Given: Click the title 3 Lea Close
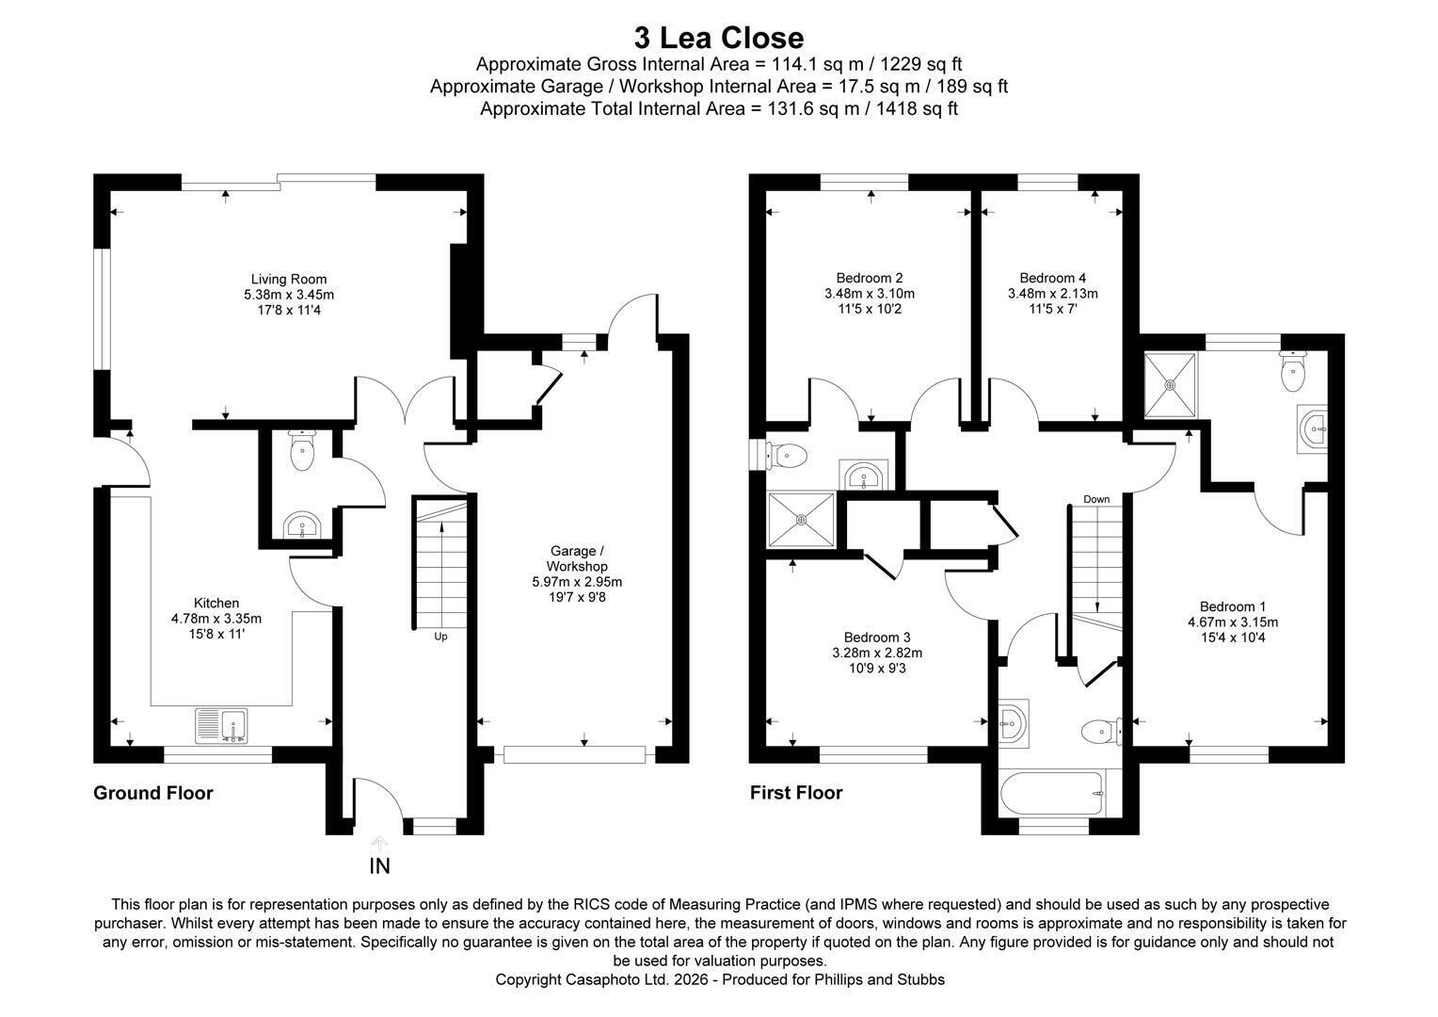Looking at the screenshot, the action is click(718, 38).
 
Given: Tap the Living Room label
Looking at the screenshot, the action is click(289, 279).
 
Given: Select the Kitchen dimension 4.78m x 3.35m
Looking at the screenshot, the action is click(216, 619).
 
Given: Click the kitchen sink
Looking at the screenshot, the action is click(221, 726).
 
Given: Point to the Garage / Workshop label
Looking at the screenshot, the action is click(577, 558).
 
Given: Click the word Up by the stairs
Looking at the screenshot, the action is click(440, 637).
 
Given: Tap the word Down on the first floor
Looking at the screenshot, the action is click(1096, 499).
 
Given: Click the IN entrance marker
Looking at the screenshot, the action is click(379, 866).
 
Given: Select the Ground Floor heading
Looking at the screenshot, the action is click(153, 793).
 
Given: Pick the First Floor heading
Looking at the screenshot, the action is click(796, 793).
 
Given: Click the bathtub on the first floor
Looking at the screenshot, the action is click(1052, 794).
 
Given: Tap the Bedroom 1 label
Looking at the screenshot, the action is click(1233, 606).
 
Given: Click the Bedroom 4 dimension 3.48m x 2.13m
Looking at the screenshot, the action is click(1053, 294).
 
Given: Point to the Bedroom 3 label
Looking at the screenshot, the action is click(877, 638).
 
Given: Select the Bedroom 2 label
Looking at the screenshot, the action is click(870, 278).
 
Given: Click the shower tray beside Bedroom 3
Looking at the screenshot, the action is click(801, 520).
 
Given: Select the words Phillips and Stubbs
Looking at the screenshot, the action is click(880, 979).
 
